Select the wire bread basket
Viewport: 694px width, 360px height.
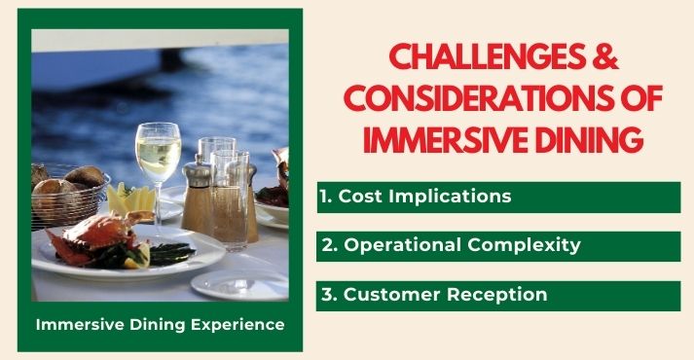click(x=68, y=199)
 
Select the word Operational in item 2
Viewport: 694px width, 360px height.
click(x=392, y=245)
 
